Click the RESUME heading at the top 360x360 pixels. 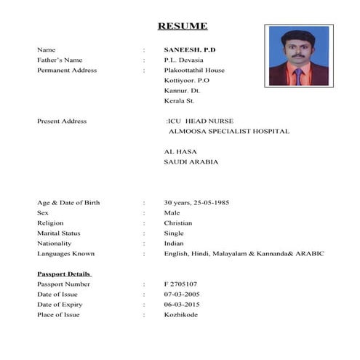[x=183, y=27]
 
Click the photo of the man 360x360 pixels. [x=297, y=56]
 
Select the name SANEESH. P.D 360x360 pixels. [x=190, y=49]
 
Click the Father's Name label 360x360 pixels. [x=60, y=60]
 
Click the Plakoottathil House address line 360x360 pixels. [x=194, y=70]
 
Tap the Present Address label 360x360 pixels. [x=62, y=121]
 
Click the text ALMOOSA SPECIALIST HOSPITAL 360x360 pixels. [x=229, y=131]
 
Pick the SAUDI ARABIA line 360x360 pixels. [x=191, y=161]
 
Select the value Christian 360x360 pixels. [x=178, y=223]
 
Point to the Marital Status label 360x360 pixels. [x=59, y=233]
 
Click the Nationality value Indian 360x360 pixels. [x=174, y=243]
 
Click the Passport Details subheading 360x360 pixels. [x=64, y=273]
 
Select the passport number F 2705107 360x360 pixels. [x=180, y=284]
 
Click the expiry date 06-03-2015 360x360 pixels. [x=181, y=304]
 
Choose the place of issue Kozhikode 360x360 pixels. [x=180, y=314]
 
